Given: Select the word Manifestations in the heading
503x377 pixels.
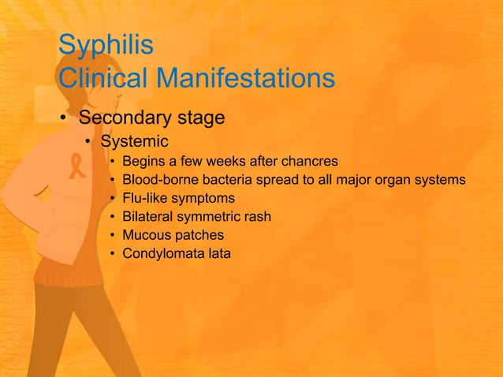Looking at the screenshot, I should click(x=247, y=78).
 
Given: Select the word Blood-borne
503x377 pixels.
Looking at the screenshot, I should click(x=161, y=180).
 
